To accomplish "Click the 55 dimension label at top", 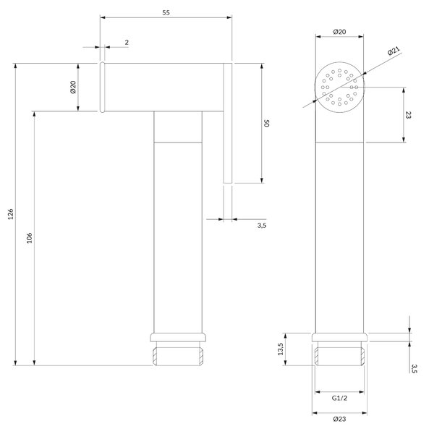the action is tap(166, 12).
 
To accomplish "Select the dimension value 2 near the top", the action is tap(127, 43).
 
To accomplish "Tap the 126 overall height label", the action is tap(10, 214).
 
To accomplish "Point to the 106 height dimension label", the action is tap(29, 238).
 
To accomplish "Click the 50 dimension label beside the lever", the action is tap(266, 123).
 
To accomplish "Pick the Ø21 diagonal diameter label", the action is tap(394, 51).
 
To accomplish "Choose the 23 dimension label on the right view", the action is tap(408, 115).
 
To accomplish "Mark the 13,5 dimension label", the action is tap(281, 349).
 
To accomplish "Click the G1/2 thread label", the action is tap(339, 399).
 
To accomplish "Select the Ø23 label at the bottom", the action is tap(339, 419).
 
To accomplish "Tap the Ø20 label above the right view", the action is tap(339, 32).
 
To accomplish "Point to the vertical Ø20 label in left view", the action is tap(73, 87).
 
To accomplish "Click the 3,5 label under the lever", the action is tap(262, 225).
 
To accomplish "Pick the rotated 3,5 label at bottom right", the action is tap(414, 369).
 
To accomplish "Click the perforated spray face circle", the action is tap(339, 88).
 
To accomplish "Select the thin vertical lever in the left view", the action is tap(227, 123).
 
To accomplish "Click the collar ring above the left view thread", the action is tap(178, 337).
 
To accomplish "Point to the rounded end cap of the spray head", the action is tap(102, 88).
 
